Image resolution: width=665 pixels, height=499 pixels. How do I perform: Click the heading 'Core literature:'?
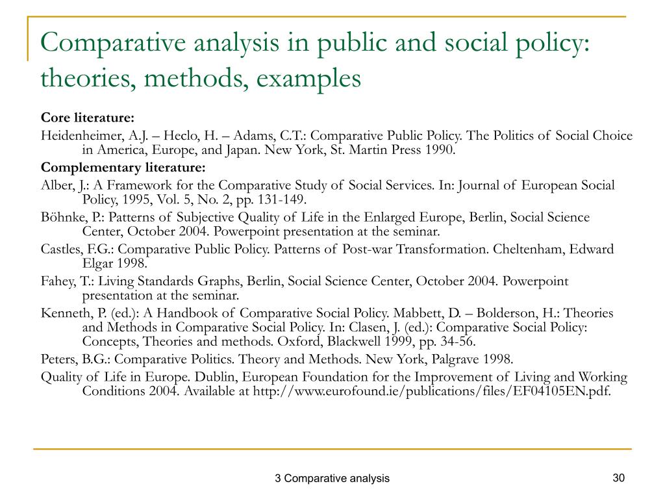(88, 118)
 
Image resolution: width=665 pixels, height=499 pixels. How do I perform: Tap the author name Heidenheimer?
(80, 136)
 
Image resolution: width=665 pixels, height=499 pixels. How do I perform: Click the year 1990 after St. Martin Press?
(440, 150)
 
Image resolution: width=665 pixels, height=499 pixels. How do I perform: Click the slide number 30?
(618, 478)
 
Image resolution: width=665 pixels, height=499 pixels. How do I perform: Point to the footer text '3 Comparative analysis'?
(332, 479)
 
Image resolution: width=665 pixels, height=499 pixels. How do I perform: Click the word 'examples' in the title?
(308, 79)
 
